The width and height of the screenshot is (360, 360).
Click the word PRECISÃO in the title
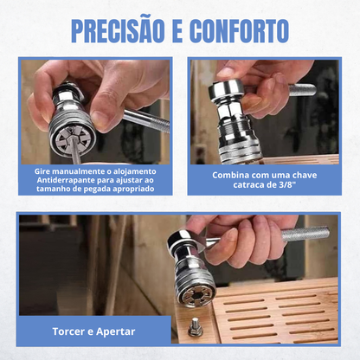click(x=118, y=31)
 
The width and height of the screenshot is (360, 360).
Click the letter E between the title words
click(x=177, y=31)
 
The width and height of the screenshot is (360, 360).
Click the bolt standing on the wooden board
click(x=195, y=327)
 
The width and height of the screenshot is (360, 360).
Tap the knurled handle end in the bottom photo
click(x=305, y=234)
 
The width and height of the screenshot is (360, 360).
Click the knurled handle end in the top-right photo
click(x=302, y=90)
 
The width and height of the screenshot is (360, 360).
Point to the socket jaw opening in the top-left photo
click(x=72, y=139)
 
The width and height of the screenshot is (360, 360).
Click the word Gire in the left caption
click(x=42, y=171)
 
